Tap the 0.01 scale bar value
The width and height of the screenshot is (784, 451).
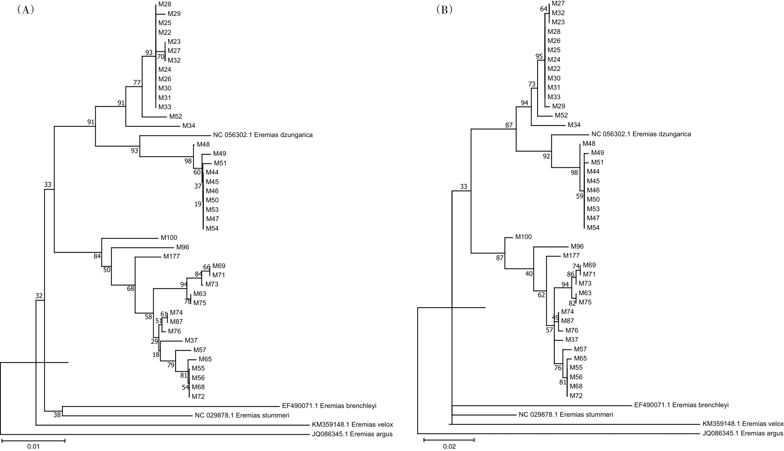tap(33, 447)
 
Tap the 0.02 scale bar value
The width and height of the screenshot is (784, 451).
tap(449, 447)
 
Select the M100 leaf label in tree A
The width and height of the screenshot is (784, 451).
tap(169, 238)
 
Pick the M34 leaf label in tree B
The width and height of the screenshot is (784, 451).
tap(574, 125)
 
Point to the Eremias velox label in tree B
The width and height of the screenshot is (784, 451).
tap(743, 424)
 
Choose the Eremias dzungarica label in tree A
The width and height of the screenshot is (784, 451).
tap(263, 135)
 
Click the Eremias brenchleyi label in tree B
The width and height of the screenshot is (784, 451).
tap(681, 405)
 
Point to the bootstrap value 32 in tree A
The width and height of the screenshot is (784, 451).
tap(39, 296)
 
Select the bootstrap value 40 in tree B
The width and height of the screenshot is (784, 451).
tap(529, 274)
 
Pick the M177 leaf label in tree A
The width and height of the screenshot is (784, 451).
tap(171, 257)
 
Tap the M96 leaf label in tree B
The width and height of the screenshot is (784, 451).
tap(577, 247)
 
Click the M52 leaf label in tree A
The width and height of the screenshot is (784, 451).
tap(175, 117)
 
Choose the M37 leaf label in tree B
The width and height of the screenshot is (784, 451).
tap(572, 340)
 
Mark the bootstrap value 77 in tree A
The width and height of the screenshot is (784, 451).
tap(137, 83)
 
